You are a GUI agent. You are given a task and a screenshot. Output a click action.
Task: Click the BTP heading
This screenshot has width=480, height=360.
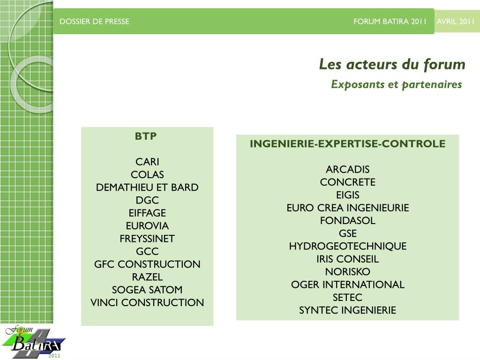click(146, 136)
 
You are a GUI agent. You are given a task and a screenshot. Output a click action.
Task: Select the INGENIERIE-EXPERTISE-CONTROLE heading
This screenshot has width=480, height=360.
click(347, 144)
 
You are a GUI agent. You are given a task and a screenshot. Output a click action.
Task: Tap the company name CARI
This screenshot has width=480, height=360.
click(147, 162)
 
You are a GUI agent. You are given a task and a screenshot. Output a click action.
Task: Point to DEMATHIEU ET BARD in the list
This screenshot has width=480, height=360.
click(147, 187)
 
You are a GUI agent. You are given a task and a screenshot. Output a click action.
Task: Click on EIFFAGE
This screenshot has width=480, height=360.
click(147, 213)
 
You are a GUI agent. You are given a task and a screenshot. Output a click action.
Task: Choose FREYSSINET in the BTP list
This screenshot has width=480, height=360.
click(147, 239)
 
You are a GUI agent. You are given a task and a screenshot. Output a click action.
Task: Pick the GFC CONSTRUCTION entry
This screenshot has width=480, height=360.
click(147, 264)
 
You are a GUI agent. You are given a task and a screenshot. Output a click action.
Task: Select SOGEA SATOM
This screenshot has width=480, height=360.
click(147, 290)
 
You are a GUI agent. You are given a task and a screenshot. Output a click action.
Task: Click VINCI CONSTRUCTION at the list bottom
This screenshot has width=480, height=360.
click(147, 303)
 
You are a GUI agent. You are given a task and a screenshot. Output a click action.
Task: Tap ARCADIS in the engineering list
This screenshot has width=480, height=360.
click(348, 170)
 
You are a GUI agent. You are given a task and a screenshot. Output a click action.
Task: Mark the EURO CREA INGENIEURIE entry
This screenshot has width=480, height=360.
click(348, 208)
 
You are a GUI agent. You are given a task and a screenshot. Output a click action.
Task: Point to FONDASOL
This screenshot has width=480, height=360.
click(348, 221)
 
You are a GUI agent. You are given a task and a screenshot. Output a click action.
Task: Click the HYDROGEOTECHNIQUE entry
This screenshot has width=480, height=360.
click(348, 246)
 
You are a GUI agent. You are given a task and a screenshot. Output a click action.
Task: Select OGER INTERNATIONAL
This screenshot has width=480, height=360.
click(348, 285)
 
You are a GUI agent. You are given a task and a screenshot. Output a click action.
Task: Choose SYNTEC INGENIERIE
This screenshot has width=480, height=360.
click(348, 310)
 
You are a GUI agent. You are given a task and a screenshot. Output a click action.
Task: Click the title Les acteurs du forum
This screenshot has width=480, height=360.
click(392, 65)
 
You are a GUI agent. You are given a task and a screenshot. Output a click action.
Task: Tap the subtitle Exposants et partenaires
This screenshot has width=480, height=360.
click(396, 84)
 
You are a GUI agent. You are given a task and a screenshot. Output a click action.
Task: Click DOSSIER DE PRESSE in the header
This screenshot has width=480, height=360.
click(94, 22)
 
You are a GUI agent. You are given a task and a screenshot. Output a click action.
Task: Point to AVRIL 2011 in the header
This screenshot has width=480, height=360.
click(456, 22)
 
